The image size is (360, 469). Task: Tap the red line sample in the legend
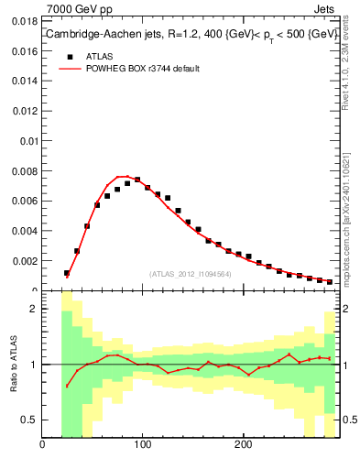[x=68, y=69]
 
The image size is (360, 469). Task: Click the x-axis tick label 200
[x=243, y=446]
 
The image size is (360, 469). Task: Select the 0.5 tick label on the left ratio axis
[x=28, y=420]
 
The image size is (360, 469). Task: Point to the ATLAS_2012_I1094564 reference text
[x=190, y=274]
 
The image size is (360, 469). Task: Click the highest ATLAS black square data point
[x=137, y=180]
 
